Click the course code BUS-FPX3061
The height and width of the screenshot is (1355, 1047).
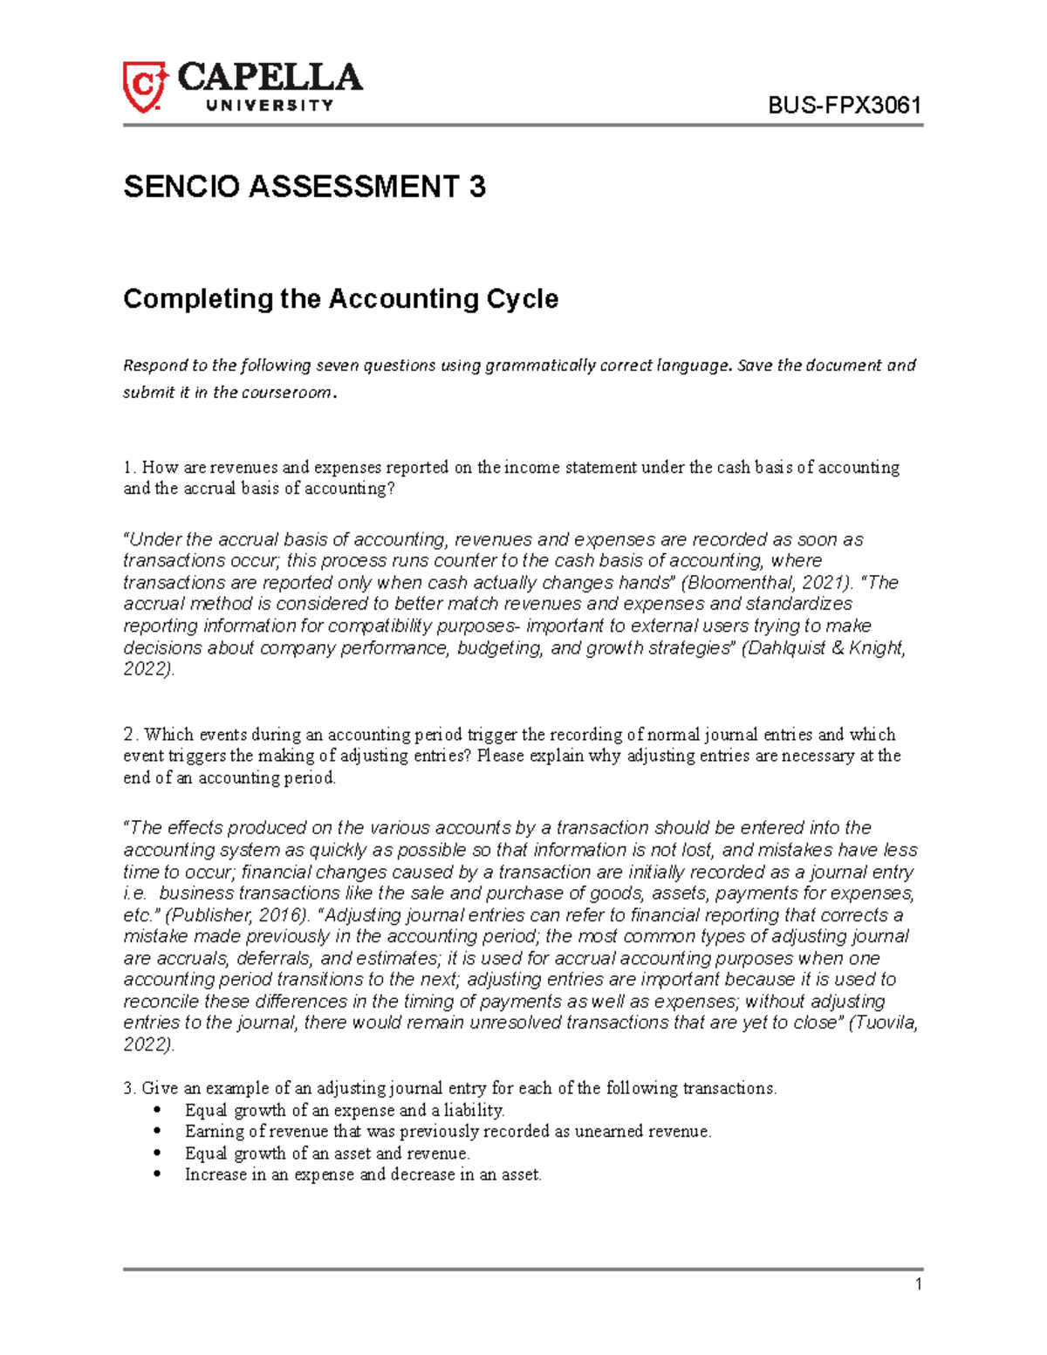point(845,106)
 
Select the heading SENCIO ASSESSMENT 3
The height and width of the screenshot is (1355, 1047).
point(305,187)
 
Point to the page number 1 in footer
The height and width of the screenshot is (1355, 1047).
point(918,1284)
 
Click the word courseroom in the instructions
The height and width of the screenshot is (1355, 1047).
point(285,393)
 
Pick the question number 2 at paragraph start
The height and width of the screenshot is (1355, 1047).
point(128,735)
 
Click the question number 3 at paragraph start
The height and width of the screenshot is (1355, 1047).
point(128,1088)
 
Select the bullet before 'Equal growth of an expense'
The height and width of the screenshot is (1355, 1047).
point(157,1111)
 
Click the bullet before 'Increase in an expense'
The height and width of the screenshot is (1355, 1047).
point(157,1175)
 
